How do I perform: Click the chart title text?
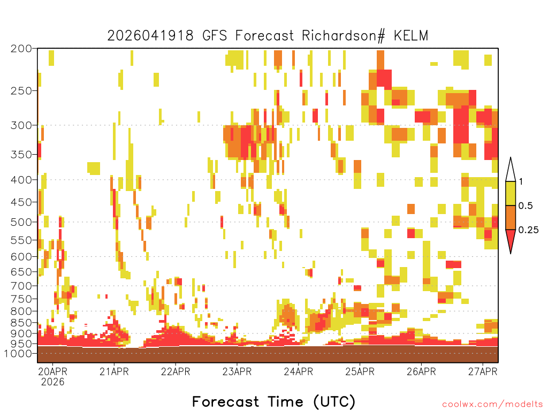coord(268,36)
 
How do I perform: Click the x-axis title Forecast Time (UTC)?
coord(273,401)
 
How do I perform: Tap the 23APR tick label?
coord(237,371)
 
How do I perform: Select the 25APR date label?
coord(360,371)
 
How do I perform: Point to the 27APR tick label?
coord(483,371)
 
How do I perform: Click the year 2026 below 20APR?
coord(53,382)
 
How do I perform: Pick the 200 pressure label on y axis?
coord(21,49)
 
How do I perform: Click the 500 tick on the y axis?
coord(21,222)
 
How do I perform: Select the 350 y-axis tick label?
coord(21,155)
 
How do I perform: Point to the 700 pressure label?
coord(21,286)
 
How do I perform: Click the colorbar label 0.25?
coord(528,230)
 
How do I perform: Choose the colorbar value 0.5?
coord(526,205)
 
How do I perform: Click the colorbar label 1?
coord(521,181)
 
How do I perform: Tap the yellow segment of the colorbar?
coord(511,193)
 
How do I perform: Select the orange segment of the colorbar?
coord(511,217)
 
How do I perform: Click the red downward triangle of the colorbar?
coord(511,239)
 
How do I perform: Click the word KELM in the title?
coord(411,36)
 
